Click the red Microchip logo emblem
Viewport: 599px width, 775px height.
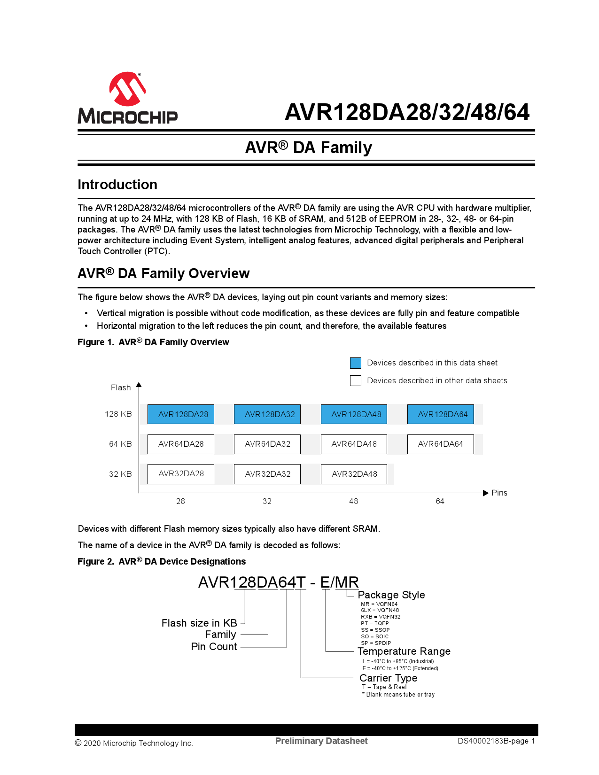click(127, 88)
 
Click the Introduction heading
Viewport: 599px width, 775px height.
click(117, 185)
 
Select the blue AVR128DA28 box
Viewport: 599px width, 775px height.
click(181, 414)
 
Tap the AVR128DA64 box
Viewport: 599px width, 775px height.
click(441, 414)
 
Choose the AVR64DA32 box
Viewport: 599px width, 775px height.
click(267, 444)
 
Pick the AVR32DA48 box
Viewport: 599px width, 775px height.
click(354, 474)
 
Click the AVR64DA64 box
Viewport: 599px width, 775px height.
click(441, 444)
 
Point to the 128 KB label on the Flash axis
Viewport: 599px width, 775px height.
click(118, 414)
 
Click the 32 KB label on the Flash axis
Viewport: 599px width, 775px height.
click(120, 474)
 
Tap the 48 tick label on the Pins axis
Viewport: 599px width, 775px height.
click(354, 502)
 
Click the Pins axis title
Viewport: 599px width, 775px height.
click(499, 493)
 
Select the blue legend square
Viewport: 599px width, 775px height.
click(356, 363)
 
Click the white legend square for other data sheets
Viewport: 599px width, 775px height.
click(356, 380)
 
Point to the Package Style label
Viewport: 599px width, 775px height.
click(391, 595)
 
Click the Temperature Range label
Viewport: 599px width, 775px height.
click(404, 651)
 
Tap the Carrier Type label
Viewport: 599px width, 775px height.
click(388, 678)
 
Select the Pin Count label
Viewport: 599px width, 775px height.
click(214, 647)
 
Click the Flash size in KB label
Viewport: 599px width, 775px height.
click(199, 623)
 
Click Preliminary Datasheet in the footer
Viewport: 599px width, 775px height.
click(321, 741)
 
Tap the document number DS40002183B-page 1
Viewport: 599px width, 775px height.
click(496, 741)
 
